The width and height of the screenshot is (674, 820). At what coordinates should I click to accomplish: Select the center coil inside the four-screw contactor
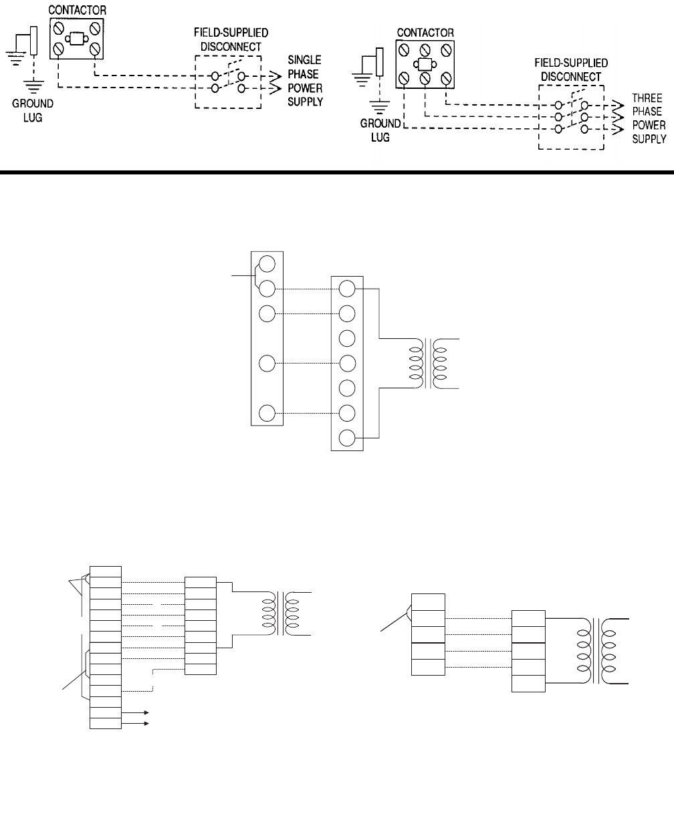pyautogui.click(x=77, y=38)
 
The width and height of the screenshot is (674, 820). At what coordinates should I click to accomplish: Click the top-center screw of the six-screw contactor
pyautogui.click(x=425, y=50)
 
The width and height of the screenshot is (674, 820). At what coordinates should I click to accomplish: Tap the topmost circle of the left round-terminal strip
pyautogui.click(x=267, y=263)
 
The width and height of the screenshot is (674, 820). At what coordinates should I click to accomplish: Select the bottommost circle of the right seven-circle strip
pyautogui.click(x=347, y=438)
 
